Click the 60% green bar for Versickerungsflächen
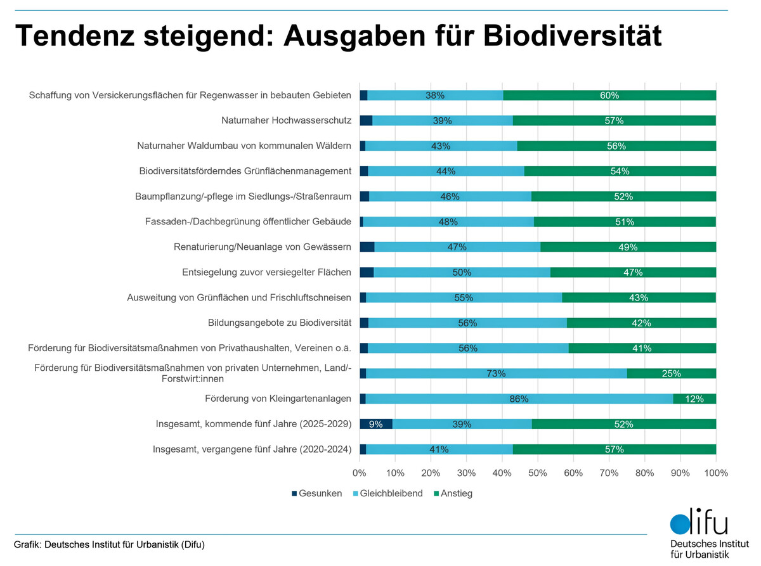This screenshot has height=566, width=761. pos(609,95)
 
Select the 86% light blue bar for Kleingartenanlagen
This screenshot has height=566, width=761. pos(519,399)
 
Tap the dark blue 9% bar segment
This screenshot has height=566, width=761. pos(376,424)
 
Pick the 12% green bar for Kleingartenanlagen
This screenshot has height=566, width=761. pos(694,399)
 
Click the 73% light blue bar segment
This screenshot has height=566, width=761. pos(496,373)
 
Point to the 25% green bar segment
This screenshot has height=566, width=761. pos(672,373)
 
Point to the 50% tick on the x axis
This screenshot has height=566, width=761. pos(538,473)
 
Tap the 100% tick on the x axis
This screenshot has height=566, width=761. pos(716,473)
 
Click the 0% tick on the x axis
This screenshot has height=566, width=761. pos(360,473)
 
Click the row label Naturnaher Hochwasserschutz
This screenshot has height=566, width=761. pos(286,120)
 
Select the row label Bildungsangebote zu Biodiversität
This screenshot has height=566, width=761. pos(279,323)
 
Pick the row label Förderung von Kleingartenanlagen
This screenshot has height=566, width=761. pos(278,399)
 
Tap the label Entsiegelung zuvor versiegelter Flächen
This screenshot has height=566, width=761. pos(266,273)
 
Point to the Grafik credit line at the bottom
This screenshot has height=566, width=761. pos(109,545)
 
